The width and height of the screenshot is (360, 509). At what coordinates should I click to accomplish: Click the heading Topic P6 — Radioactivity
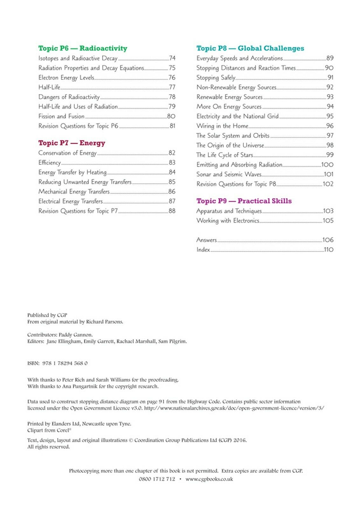pos(83,48)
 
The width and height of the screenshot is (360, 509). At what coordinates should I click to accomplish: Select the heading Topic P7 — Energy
pos(72,143)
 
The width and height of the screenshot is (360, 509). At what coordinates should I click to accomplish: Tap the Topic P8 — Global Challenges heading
pos(250,48)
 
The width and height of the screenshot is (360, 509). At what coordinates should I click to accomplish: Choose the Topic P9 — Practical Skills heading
pos(244,201)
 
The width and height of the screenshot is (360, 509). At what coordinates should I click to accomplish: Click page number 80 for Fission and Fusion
pos(171,116)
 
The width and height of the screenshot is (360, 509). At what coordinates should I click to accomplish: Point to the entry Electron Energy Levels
pos(66,78)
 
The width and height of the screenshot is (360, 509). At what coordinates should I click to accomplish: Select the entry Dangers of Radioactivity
pos(69,97)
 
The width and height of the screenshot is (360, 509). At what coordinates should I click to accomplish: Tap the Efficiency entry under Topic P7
pos(50,163)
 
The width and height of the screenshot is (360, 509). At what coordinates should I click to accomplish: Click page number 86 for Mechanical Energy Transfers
pos(172,192)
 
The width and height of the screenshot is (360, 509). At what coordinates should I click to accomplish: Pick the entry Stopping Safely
pos(216,78)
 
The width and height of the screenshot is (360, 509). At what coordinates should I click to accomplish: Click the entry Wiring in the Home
pos(222,126)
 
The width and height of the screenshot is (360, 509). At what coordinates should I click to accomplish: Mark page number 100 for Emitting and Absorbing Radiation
pos(327,165)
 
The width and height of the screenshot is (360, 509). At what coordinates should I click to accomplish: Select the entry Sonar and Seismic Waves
pos(229,174)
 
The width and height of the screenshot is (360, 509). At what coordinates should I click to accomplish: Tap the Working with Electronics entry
pos(228,221)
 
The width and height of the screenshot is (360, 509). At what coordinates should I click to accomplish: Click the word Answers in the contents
pos(206,240)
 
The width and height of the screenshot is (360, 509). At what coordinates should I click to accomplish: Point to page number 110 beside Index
pos(329,250)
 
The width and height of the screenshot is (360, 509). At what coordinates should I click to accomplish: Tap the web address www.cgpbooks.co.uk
pos(209,479)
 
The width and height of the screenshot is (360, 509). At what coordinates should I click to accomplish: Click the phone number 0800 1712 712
pos(157,479)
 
